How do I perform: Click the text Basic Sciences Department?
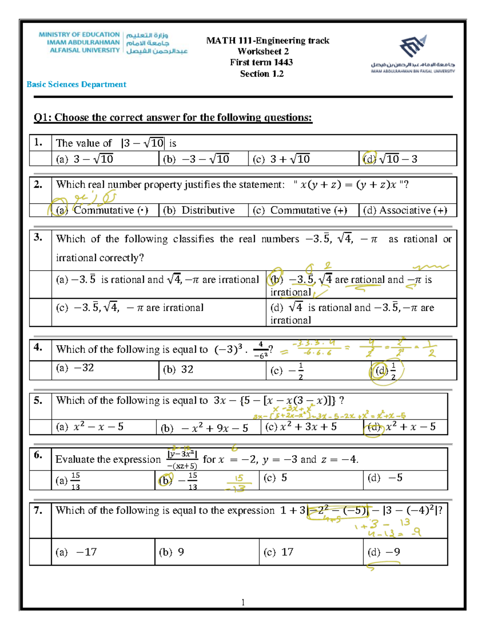(76, 84)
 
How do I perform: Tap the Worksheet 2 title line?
(263, 52)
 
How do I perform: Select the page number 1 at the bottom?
(243, 602)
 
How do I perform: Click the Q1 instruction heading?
(173, 118)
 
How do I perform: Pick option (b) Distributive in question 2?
(199, 210)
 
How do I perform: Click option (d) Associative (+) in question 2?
(405, 210)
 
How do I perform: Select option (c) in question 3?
(130, 307)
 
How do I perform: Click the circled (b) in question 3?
(277, 279)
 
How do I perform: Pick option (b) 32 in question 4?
(178, 370)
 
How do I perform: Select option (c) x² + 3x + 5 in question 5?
(301, 427)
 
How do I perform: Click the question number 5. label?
(38, 401)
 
